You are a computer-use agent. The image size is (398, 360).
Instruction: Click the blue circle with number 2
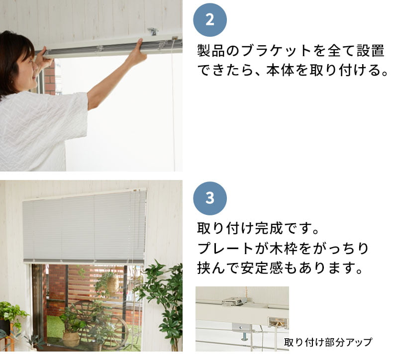click(x=210, y=20)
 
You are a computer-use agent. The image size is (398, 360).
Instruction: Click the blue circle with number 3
click(x=210, y=198)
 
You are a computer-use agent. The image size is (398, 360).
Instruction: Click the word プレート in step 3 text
click(x=225, y=248)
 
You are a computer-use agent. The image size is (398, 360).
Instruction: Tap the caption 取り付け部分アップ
click(x=328, y=342)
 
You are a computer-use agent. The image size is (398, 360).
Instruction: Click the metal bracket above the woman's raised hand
click(x=153, y=32)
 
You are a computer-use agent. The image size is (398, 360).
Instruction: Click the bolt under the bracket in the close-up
click(x=244, y=336)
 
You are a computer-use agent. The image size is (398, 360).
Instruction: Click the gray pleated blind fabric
click(x=84, y=227)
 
